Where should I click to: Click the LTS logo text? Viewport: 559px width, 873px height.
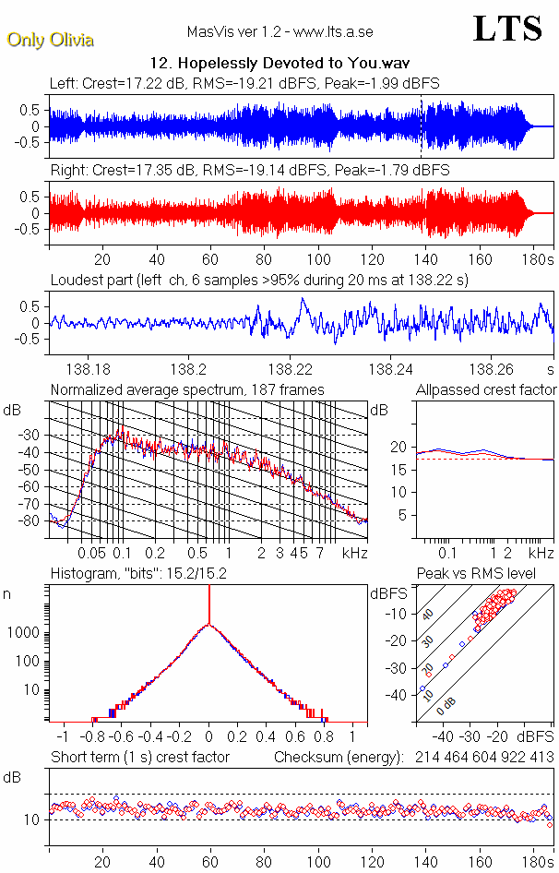click(507, 29)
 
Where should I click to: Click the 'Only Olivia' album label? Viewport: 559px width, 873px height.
click(50, 40)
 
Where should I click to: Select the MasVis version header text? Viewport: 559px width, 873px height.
click(279, 31)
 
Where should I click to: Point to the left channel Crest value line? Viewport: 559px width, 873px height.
click(244, 83)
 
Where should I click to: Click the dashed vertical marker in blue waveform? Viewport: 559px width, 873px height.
click(422, 126)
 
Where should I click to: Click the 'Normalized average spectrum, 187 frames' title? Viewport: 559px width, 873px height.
click(187, 389)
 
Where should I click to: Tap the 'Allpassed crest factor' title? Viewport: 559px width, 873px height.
click(486, 389)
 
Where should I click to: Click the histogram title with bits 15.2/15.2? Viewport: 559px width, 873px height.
click(138, 573)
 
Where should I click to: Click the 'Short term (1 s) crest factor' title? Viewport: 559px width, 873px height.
click(139, 757)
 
